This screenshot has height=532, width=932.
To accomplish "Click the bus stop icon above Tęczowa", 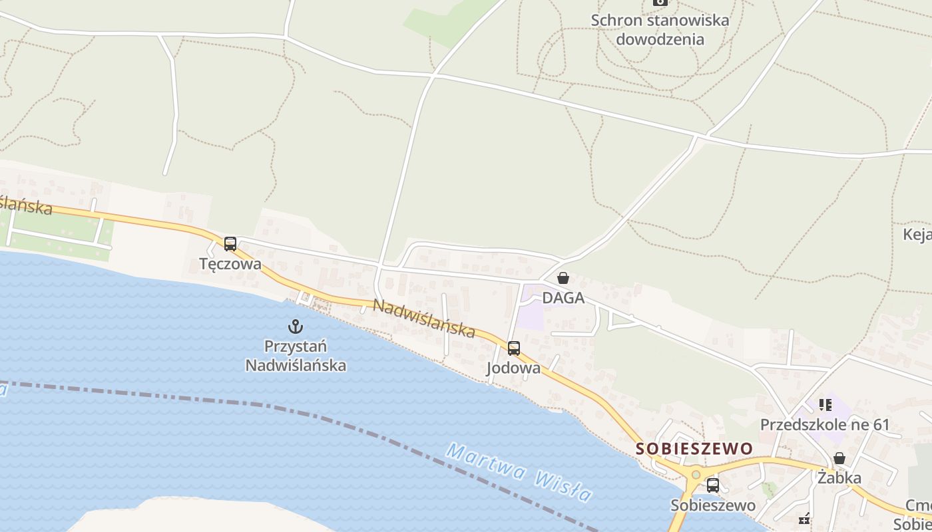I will click(230, 244).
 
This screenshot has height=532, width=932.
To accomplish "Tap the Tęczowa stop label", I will click(230, 264).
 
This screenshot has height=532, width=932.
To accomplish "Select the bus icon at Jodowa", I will click(513, 348).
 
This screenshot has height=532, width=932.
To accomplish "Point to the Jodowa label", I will click(513, 368).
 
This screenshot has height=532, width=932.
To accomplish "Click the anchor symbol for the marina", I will click(295, 327).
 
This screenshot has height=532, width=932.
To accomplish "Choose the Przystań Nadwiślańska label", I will click(296, 356).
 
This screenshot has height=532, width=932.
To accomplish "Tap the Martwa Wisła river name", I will click(519, 473).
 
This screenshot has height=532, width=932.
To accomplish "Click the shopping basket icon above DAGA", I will click(563, 278).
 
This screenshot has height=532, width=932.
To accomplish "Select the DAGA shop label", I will click(563, 298).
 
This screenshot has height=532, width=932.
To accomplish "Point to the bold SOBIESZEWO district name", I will click(694, 449).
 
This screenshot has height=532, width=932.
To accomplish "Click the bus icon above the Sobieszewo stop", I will click(712, 485).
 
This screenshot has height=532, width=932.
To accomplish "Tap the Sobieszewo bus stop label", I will click(712, 505).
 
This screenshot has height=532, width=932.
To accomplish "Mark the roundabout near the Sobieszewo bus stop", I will click(696, 475).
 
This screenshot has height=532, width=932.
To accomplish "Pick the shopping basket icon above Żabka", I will click(839, 458).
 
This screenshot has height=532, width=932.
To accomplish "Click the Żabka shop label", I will click(839, 477).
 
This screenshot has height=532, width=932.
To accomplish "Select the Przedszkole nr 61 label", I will click(825, 424).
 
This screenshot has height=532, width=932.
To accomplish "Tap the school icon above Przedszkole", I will click(825, 404).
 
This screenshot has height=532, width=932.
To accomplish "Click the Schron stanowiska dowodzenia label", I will click(660, 30).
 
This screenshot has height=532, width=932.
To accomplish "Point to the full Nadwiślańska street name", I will click(424, 318).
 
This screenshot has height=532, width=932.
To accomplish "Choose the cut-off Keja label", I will click(917, 234).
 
